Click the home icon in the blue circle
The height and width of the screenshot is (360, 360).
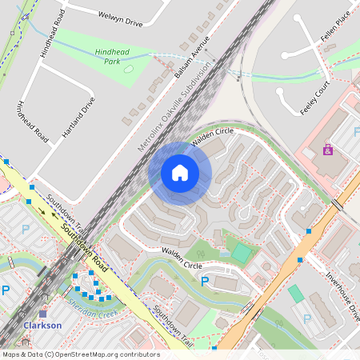point(180,172)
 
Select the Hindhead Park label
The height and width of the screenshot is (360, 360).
point(111,55)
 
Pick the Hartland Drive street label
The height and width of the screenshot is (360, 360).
point(78,118)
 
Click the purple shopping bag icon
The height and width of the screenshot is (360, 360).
point(328,150)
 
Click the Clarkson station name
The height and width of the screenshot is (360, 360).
point(42,326)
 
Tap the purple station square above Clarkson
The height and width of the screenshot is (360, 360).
point(43,314)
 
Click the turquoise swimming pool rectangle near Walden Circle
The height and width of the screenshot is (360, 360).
point(240,253)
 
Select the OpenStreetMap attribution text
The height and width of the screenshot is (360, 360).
point(81,354)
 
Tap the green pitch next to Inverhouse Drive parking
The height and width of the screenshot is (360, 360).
point(296,294)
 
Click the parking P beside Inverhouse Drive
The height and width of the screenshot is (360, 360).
point(308,318)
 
